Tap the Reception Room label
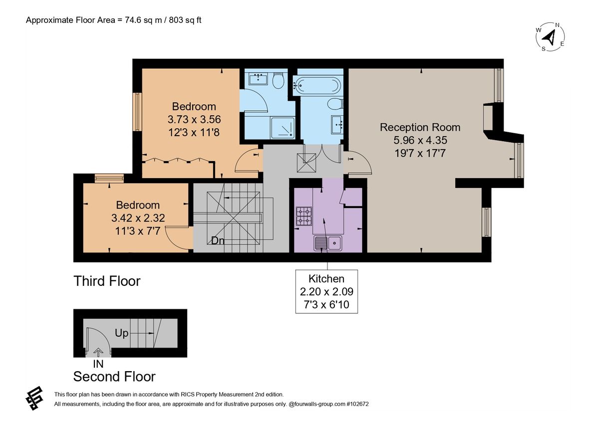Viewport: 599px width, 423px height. tap(420, 127)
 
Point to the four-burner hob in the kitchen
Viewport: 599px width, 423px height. tap(303, 216)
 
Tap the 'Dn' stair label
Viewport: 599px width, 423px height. tap(217, 241)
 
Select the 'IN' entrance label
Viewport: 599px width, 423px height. tap(98, 364)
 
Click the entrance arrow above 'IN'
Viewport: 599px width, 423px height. tap(98, 353)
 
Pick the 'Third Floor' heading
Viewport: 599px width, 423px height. tap(107, 281)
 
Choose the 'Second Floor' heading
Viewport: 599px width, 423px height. tap(114, 376)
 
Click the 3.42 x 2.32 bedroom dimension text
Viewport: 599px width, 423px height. tap(138, 218)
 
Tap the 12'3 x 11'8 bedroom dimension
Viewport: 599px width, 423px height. tap(194, 132)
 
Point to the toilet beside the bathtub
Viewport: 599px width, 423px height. tap(335, 104)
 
